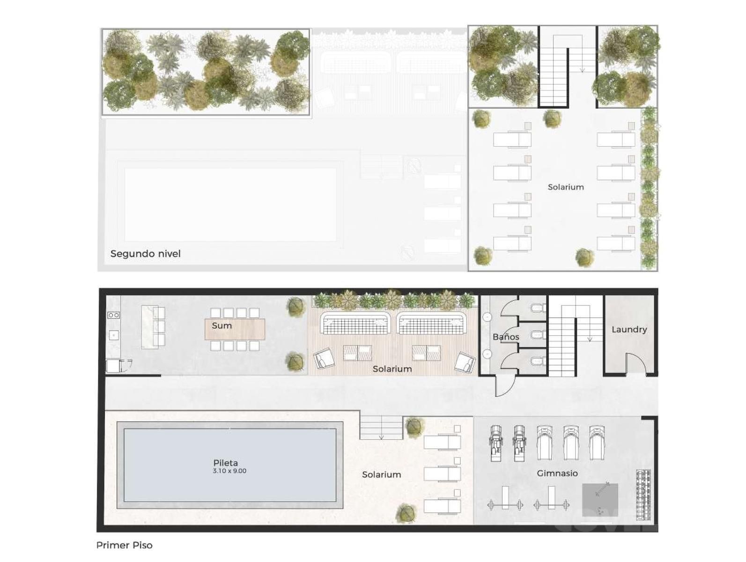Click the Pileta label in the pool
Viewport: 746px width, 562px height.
[x=225, y=462]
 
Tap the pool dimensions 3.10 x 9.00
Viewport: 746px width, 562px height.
[x=229, y=471]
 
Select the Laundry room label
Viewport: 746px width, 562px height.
[x=629, y=330]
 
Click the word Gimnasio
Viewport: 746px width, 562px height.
[x=557, y=473]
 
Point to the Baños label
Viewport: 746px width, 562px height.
[x=506, y=336]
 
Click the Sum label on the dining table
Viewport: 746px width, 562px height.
[x=222, y=325]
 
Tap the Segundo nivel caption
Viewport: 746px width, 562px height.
[x=146, y=254]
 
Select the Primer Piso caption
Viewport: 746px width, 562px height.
[x=125, y=545]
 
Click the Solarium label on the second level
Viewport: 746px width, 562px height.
[x=566, y=187]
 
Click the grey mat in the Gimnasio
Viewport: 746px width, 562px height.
[x=600, y=500]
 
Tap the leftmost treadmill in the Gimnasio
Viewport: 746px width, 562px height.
[x=496, y=443]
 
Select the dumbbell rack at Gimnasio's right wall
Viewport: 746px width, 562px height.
[x=643, y=495]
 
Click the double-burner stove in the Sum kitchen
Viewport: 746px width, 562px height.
[x=113, y=315]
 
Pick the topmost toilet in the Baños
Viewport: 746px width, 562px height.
[x=538, y=308]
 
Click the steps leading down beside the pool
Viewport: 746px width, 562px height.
[x=381, y=428]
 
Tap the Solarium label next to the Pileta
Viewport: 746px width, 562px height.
[x=381, y=474]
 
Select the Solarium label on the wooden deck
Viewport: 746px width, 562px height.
[x=392, y=369]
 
